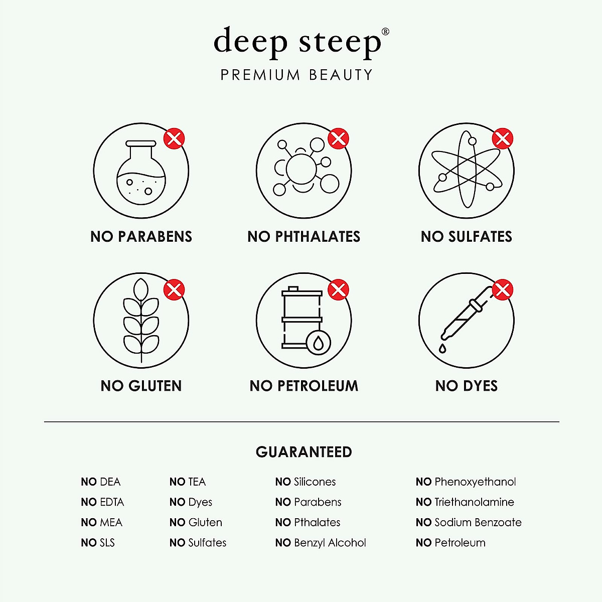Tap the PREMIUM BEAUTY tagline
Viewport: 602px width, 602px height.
click(x=297, y=75)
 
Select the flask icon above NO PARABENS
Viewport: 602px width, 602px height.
click(x=141, y=171)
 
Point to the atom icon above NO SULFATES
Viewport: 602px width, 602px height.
click(x=466, y=171)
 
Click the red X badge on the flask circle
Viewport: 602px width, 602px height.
click(x=174, y=138)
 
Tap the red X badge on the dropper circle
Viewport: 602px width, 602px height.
click(x=502, y=289)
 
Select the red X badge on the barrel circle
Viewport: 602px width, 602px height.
click(x=338, y=289)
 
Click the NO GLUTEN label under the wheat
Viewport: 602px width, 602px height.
click(x=141, y=386)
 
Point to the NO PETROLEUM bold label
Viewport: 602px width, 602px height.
click(x=304, y=386)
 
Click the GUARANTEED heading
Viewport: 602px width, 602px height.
click(x=304, y=452)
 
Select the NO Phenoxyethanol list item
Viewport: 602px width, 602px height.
click(x=466, y=482)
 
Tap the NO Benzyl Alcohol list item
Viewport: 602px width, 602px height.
click(x=321, y=543)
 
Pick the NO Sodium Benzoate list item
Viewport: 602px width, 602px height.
click(x=469, y=523)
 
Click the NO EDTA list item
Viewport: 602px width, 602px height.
click(x=102, y=502)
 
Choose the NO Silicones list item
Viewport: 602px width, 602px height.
click(x=306, y=482)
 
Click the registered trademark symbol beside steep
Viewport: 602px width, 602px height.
click(x=385, y=32)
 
